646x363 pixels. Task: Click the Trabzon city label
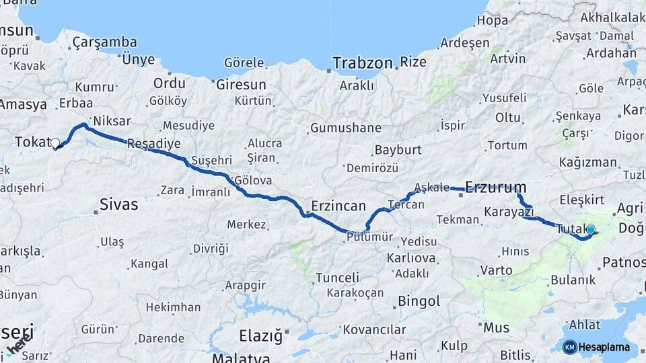click(362, 63)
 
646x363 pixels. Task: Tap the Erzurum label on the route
click(495, 187)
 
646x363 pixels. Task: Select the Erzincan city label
click(338, 206)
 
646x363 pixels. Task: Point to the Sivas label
click(118, 204)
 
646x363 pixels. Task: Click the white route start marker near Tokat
click(55, 143)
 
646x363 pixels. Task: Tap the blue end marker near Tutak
click(591, 230)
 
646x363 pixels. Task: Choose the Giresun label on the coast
click(241, 85)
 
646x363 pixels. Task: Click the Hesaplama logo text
click(604, 347)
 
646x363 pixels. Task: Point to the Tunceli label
click(337, 277)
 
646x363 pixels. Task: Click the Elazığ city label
click(262, 335)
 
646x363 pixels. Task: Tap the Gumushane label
click(345, 128)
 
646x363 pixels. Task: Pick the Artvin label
click(508, 58)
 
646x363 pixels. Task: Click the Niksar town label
click(112, 121)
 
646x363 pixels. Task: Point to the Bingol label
click(419, 300)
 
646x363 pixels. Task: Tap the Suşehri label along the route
click(211, 161)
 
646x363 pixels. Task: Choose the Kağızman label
click(587, 162)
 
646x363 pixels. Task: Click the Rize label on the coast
click(412, 63)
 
